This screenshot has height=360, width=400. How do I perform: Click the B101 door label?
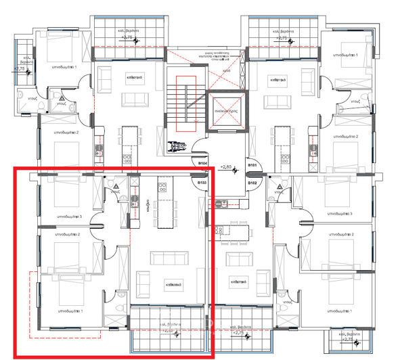252,165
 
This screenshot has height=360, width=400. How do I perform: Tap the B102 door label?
252,183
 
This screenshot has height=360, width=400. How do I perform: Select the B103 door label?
202,183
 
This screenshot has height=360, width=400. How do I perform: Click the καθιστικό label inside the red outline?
166,286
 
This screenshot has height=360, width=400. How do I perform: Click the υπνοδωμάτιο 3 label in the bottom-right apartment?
342,214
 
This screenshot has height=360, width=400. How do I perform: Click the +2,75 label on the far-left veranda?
20,68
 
